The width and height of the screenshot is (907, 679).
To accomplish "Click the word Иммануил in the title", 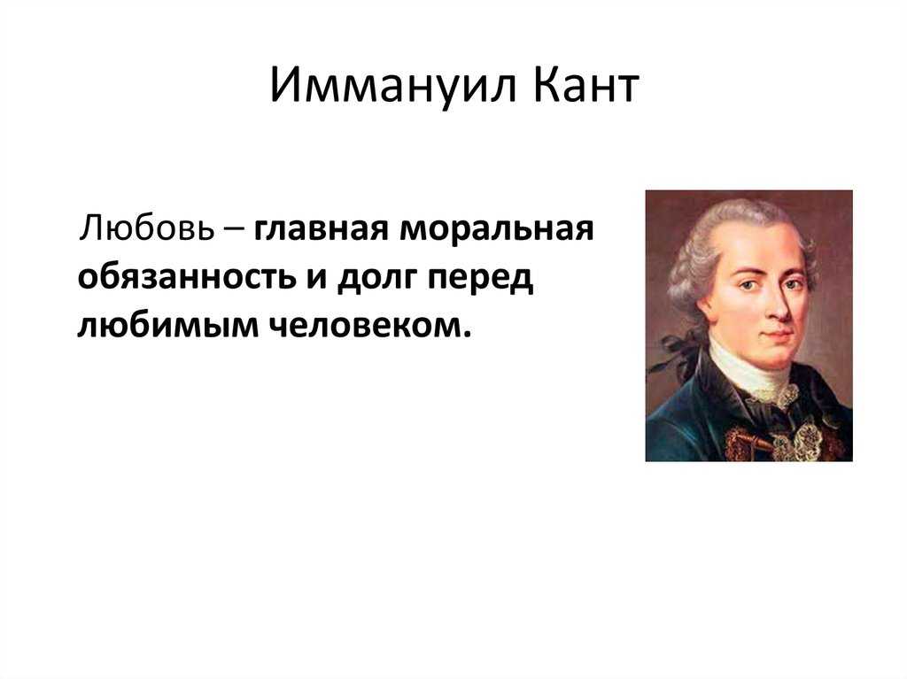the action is (392, 85).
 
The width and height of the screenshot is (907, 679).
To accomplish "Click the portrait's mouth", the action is (778, 334).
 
